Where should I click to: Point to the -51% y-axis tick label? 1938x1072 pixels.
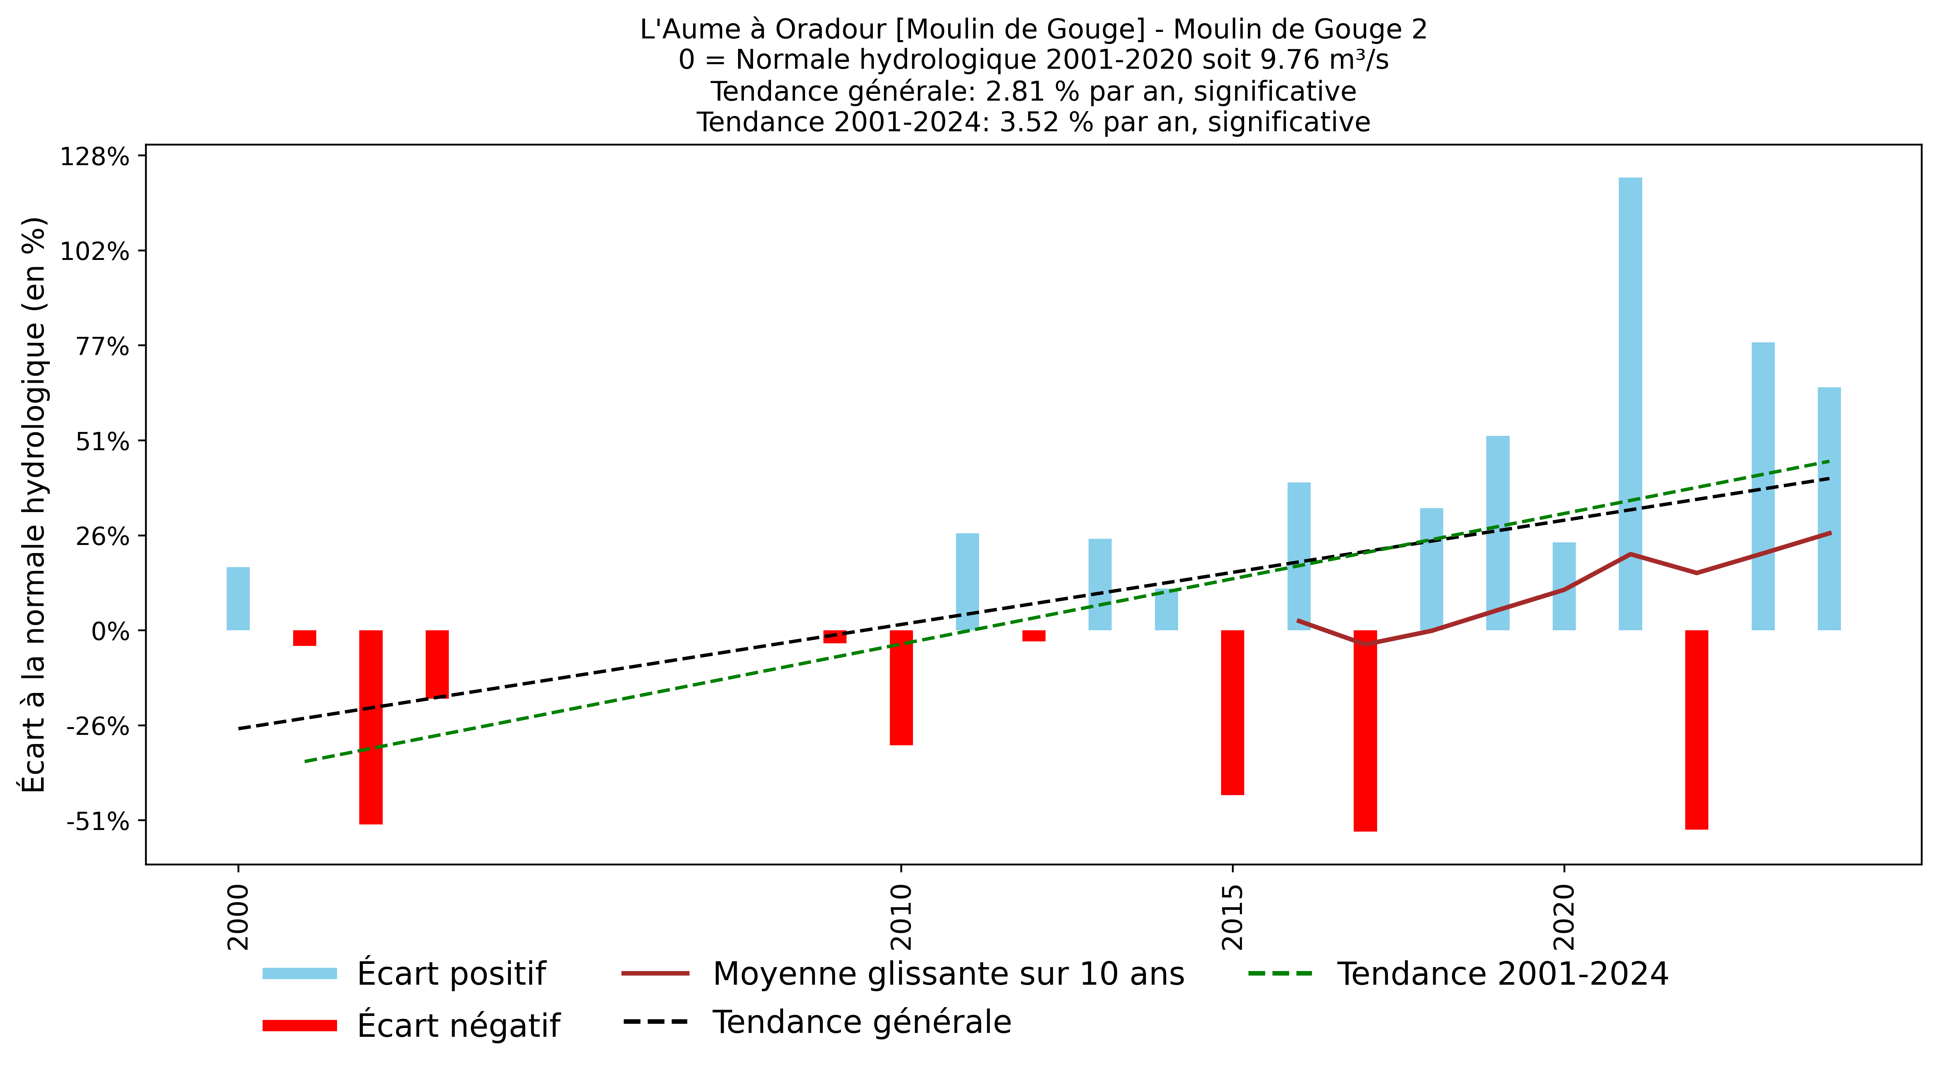pyautogui.click(x=98, y=822)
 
